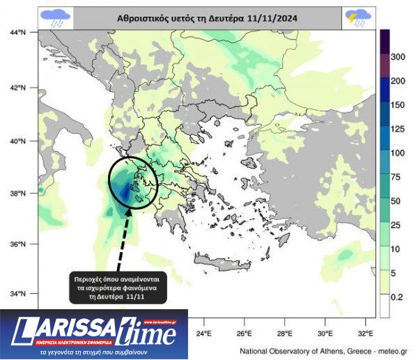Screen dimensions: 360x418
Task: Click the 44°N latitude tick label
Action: [x=17, y=32]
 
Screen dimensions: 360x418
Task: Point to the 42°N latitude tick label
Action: [x=17, y=88]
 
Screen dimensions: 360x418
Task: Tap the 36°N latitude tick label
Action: [x=17, y=244]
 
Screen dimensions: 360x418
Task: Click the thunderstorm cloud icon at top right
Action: [x=358, y=17]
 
